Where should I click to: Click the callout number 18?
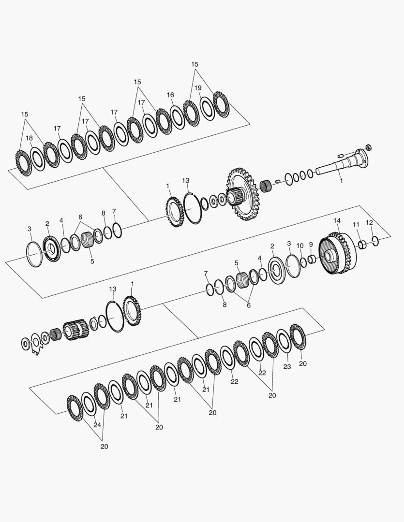click(30, 138)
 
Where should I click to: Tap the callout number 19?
click(198, 88)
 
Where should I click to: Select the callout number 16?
click(170, 95)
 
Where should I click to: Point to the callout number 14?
click(337, 221)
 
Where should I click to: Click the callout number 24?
click(97, 425)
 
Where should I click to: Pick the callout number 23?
click(287, 366)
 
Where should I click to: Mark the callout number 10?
click(300, 246)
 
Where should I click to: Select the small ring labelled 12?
click(375, 241)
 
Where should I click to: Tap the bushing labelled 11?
click(362, 245)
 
